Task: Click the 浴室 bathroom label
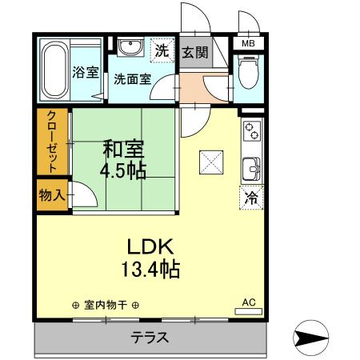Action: click(x=86, y=72)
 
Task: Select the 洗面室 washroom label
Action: click(x=132, y=78)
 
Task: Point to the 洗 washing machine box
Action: click(x=162, y=50)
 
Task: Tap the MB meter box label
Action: click(x=249, y=43)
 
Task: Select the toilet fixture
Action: click(x=249, y=75)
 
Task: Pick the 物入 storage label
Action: click(x=52, y=194)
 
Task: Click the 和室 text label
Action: click(x=122, y=149)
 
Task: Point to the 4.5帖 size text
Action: click(x=122, y=171)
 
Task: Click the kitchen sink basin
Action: click(x=250, y=169)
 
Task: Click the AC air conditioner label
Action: click(x=249, y=302)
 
